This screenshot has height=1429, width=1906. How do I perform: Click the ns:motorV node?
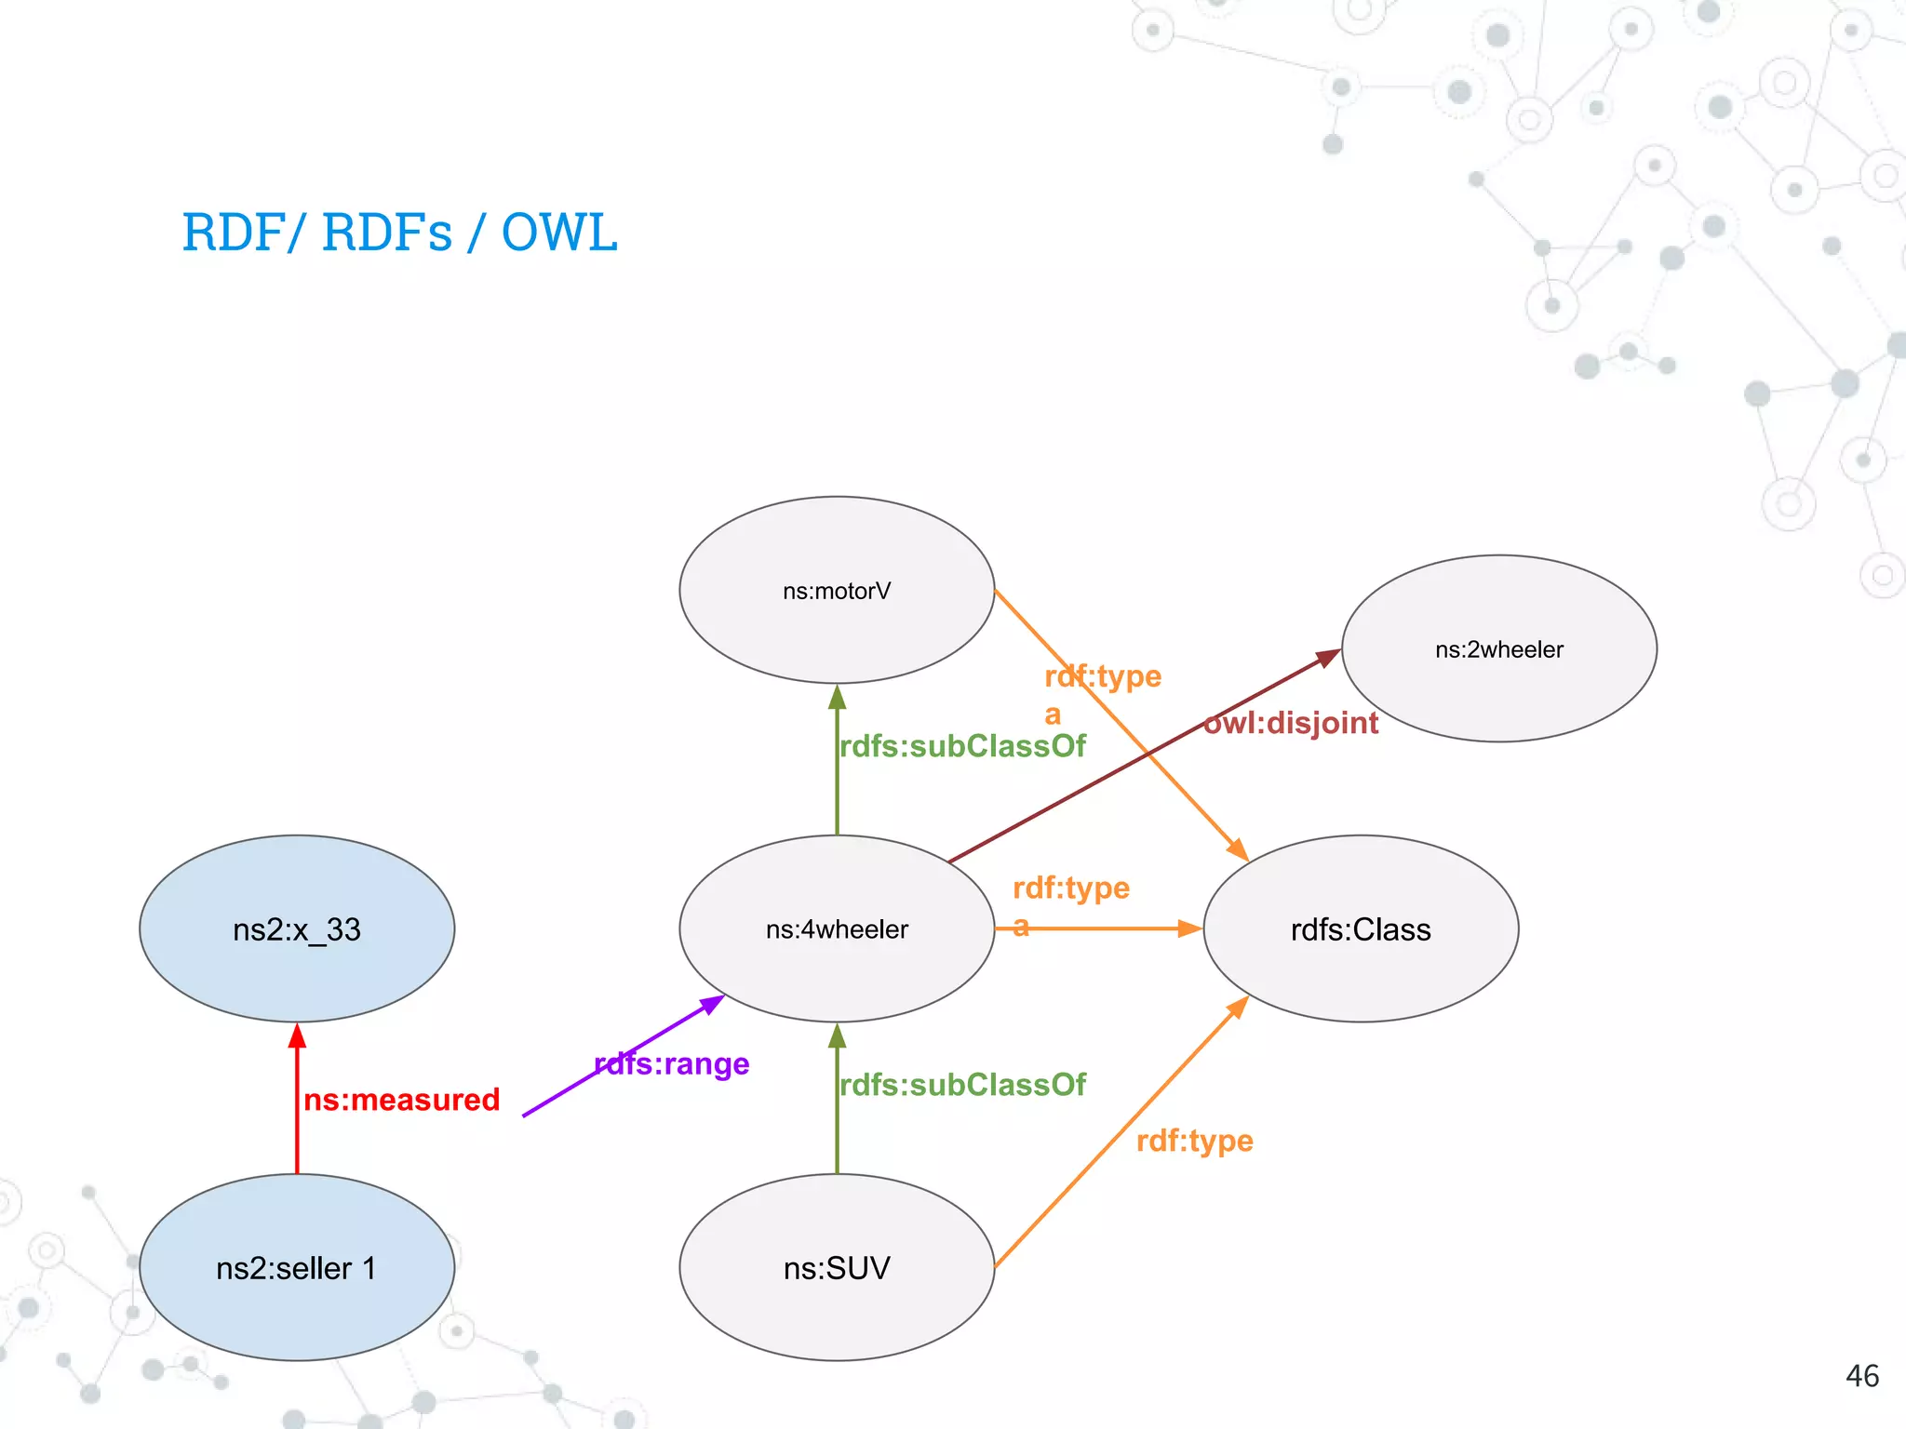point(837,590)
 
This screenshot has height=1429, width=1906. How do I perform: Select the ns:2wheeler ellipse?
point(1498,648)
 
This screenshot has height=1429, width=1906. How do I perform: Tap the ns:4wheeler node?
point(837,928)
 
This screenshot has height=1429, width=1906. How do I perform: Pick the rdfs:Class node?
point(1361,928)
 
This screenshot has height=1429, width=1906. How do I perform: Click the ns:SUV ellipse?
point(837,1267)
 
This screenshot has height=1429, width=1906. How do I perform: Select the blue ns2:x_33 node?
point(297,928)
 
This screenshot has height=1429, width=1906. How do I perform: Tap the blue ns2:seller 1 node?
point(297,1267)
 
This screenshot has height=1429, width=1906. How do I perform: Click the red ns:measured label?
point(401,1100)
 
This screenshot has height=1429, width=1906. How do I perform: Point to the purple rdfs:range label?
point(672,1063)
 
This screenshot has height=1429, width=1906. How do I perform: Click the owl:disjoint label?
point(1291,723)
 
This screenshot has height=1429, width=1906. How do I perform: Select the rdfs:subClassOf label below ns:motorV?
point(962,746)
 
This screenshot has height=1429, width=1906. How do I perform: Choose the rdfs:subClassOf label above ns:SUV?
point(962,1085)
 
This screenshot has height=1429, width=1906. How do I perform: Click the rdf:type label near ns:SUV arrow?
point(1195,1141)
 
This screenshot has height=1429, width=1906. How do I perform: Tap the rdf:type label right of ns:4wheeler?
point(1071,888)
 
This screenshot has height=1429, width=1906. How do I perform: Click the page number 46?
point(1861,1376)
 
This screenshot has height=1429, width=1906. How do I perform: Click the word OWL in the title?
point(559,233)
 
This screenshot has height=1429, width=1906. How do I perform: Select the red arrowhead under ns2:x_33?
point(297,1035)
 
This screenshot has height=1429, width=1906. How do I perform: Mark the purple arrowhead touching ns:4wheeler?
point(713,1004)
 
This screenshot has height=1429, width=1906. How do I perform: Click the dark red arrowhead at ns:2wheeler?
point(1328,657)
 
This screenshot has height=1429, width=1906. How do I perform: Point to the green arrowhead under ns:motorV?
point(837,698)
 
